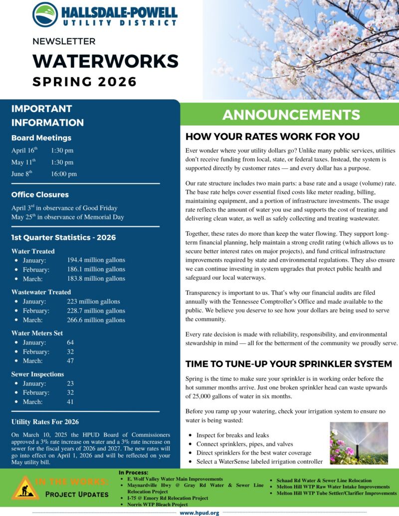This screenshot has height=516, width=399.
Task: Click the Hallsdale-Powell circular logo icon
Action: click(45, 14)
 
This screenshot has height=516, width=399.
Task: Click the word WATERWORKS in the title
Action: click(105, 61)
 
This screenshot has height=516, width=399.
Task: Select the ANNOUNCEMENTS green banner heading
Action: click(291, 115)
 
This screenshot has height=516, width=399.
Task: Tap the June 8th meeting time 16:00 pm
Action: click(64, 174)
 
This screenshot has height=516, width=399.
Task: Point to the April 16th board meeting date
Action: click(24, 150)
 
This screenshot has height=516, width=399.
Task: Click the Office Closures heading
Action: click(40, 194)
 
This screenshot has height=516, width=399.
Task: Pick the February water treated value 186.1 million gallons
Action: click(96, 269)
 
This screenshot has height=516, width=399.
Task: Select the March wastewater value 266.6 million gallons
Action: click(96, 320)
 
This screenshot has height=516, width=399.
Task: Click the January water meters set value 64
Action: click(70, 343)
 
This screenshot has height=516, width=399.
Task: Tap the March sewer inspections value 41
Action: click(70, 401)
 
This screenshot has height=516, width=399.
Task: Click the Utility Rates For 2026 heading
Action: click(45, 422)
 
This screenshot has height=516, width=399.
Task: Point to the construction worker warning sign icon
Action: click(22, 488)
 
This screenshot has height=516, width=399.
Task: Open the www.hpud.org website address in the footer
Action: click(199, 513)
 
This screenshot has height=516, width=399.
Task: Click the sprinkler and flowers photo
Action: click(359, 443)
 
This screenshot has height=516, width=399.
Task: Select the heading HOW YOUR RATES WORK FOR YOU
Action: click(272, 137)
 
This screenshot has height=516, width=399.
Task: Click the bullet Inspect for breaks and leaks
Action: click(232, 435)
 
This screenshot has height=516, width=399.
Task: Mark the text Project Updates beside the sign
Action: click(76, 494)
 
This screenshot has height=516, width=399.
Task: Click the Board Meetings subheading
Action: click(41, 138)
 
